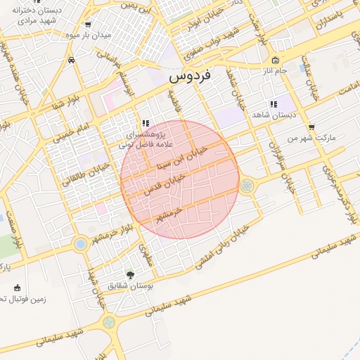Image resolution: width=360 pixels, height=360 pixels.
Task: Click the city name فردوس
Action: pos(192,76)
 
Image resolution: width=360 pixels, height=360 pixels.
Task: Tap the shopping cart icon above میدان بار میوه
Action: pos(87,24)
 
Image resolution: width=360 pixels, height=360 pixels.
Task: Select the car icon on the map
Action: pos(72,60)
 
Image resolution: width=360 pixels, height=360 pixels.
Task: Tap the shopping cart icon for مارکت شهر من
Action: pos(311,127)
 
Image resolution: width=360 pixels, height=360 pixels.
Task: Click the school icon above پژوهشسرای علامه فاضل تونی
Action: pos(145,122)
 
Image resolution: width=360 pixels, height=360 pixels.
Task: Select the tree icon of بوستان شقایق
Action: pos(129,274)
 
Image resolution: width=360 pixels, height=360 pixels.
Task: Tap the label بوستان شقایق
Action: pos(129,286)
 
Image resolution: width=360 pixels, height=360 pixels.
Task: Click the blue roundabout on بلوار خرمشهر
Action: pos(80,244)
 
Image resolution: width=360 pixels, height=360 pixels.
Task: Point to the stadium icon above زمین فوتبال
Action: pos(17,288)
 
